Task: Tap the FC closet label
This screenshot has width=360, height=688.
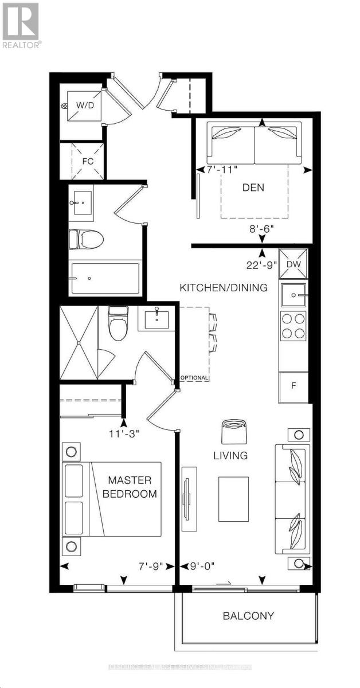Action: (x=88, y=161)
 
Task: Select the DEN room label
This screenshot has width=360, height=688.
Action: (x=253, y=187)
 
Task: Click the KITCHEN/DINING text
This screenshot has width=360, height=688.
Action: (x=224, y=288)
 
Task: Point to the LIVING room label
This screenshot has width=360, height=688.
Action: (x=231, y=456)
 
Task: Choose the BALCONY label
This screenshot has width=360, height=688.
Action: (x=248, y=616)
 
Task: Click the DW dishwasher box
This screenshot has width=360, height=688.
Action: (x=293, y=264)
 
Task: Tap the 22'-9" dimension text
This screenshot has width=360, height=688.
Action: (x=259, y=264)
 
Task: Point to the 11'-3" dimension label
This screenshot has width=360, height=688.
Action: (x=123, y=433)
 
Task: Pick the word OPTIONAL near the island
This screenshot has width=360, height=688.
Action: (x=194, y=378)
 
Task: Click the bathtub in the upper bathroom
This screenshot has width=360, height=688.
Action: (x=104, y=279)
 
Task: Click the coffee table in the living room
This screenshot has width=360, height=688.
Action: (x=233, y=499)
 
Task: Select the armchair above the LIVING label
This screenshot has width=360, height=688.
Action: (x=234, y=430)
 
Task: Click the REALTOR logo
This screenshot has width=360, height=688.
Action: (x=21, y=26)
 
